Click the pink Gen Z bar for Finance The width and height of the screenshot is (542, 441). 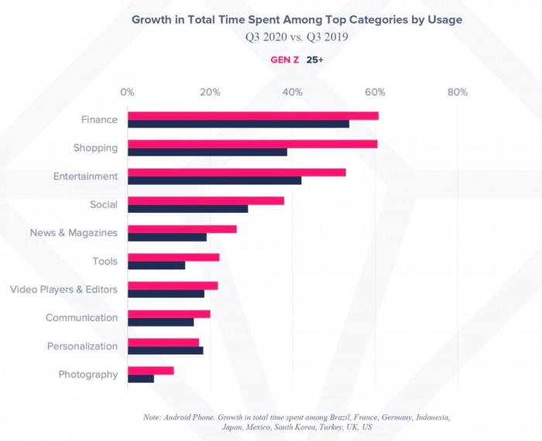[253, 115]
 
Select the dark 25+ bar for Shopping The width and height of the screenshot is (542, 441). [208, 152]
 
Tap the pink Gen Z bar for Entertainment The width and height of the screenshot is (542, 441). [237, 172]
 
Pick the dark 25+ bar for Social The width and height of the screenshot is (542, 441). [188, 209]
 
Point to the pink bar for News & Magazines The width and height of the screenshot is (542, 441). [182, 229]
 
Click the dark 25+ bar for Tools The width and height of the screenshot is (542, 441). [156, 265]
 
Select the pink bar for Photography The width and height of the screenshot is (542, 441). [151, 371]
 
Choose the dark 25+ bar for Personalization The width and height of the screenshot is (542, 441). [166, 350]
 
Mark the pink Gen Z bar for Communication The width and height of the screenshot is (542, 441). [169, 313]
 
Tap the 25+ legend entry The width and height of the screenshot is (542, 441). [315, 60]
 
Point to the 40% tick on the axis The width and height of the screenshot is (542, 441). [293, 93]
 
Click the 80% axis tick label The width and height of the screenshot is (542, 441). [458, 93]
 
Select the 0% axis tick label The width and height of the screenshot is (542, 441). [128, 93]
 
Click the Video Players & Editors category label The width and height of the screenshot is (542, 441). [63, 289]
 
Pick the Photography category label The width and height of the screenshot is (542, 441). [88, 374]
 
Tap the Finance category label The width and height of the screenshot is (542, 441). [99, 120]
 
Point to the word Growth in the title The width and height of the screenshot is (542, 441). [153, 19]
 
